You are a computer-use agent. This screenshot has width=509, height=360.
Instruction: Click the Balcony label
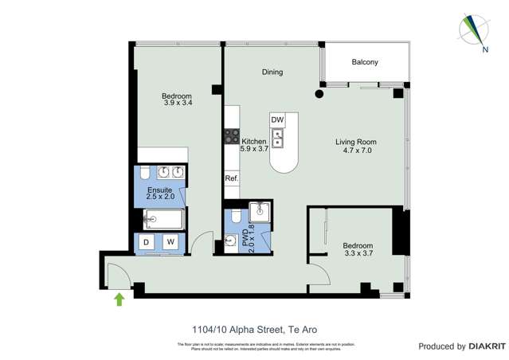click(365, 62)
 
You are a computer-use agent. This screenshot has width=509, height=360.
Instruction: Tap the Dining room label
click(272, 72)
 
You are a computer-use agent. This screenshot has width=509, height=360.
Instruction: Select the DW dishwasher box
click(277, 119)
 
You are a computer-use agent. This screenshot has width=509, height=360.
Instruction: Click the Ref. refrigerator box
click(232, 178)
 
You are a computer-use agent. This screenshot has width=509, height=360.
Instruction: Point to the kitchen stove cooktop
click(232, 135)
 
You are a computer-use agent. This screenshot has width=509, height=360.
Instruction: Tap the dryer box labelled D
click(147, 242)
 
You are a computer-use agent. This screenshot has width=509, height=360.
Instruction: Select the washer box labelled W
click(170, 242)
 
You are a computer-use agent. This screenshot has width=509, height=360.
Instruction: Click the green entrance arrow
click(119, 299)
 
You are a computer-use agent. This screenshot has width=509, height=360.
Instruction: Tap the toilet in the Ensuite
click(144, 173)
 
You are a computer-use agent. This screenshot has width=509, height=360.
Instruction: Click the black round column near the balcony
click(319, 95)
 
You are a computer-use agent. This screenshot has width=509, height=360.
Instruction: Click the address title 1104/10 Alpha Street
click(254, 327)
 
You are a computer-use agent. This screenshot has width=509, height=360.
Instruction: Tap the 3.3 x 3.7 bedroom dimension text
click(358, 253)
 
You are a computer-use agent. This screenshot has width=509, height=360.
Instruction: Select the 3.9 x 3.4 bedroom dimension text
click(178, 103)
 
